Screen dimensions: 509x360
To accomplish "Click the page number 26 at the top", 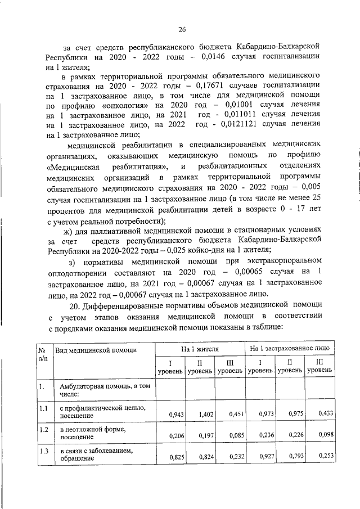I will (x=182, y=30).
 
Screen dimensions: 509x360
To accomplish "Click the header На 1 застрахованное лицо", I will (x=290, y=350).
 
